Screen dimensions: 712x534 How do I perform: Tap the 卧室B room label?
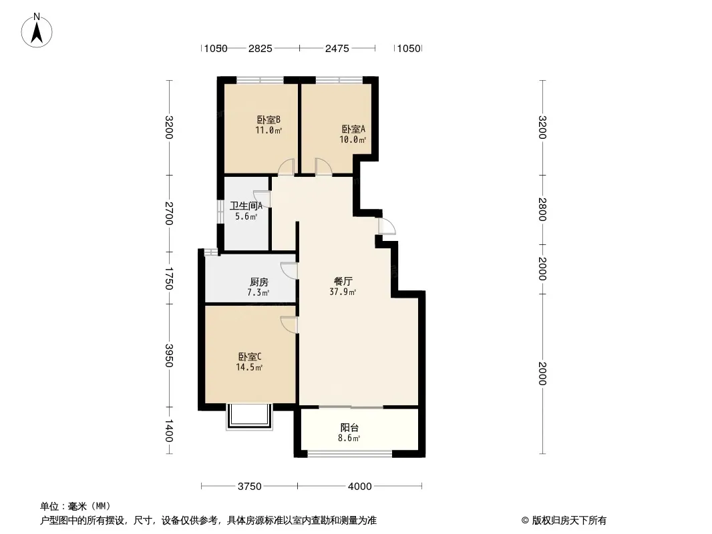pyautogui.click(x=269, y=119)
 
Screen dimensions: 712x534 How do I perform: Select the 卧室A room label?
pyautogui.click(x=353, y=129)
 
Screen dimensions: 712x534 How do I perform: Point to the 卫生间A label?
pyautogui.click(x=246, y=206)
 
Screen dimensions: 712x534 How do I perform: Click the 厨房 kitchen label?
pyautogui.click(x=259, y=282)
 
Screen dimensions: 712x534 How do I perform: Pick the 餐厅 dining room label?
pyautogui.click(x=343, y=281)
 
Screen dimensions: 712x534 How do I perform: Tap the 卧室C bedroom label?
pyautogui.click(x=249, y=357)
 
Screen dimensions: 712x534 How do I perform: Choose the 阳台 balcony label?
pyautogui.click(x=349, y=427)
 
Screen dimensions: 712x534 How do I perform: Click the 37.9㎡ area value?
pyautogui.click(x=343, y=292)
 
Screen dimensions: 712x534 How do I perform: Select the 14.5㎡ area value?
pyautogui.click(x=249, y=368)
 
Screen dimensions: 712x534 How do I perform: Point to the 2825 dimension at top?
pyautogui.click(x=260, y=48)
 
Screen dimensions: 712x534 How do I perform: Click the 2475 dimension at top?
pyautogui.click(x=337, y=48)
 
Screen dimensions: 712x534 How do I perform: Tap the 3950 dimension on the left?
pyautogui.click(x=169, y=355)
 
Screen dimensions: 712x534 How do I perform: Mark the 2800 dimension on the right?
pyautogui.click(x=542, y=209)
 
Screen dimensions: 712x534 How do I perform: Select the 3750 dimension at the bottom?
pyautogui.click(x=249, y=487)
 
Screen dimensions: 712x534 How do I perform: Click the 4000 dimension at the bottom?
pyautogui.click(x=359, y=487)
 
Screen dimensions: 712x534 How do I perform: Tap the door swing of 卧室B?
pyautogui.click(x=286, y=166)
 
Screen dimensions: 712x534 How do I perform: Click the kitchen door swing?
pyautogui.click(x=289, y=270)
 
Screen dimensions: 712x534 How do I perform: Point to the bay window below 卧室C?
pyautogui.click(x=249, y=416)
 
